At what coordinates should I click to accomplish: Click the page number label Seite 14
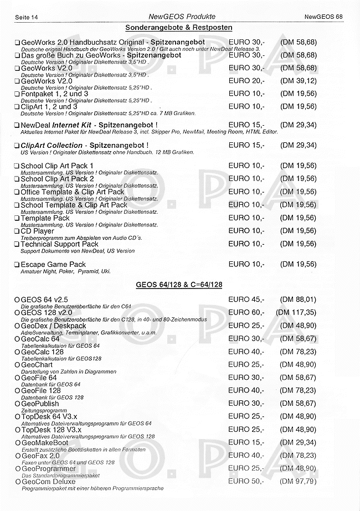(x=25, y=18)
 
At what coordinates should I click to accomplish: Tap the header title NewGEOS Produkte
(x=178, y=18)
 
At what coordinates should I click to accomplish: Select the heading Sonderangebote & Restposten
(x=178, y=27)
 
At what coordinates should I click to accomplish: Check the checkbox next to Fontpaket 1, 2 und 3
(x=17, y=94)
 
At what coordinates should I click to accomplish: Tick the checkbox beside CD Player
(x=17, y=231)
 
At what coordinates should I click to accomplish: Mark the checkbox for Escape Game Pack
(x=17, y=265)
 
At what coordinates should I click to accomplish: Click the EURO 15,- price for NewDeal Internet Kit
(x=246, y=125)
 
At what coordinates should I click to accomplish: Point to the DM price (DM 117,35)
(x=297, y=313)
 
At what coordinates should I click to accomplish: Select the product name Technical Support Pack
(x=60, y=244)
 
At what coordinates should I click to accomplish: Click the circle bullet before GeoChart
(x=17, y=365)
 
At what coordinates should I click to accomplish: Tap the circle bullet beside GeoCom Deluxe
(x=17, y=482)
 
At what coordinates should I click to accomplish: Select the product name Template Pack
(x=45, y=218)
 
